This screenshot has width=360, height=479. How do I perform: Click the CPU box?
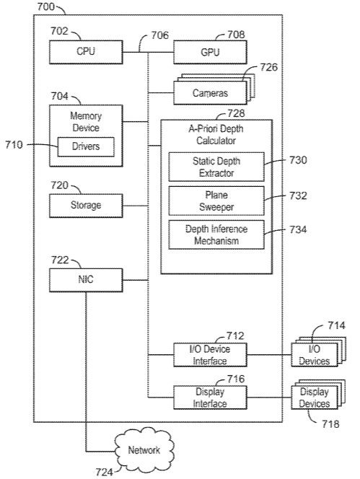(x=86, y=52)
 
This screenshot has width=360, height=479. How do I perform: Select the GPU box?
(x=210, y=52)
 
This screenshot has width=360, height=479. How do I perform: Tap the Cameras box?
(x=210, y=93)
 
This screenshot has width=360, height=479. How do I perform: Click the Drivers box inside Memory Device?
(x=86, y=146)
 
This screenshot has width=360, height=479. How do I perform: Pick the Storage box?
(x=86, y=206)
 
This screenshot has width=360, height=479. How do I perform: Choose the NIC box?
(x=86, y=280)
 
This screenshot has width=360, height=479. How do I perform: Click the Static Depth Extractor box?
(x=216, y=167)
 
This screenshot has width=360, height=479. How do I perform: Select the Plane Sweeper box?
(x=216, y=201)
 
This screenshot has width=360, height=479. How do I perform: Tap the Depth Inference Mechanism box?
(x=216, y=234)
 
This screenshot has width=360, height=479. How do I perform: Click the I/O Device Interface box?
(x=210, y=355)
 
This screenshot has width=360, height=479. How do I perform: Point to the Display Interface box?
(x=210, y=397)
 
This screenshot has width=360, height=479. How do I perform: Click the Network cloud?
(x=144, y=450)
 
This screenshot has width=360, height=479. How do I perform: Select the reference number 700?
(x=46, y=6)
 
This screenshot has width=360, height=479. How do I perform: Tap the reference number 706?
(x=160, y=35)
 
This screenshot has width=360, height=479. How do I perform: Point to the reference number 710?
(x=14, y=144)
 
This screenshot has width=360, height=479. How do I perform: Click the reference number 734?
(x=298, y=229)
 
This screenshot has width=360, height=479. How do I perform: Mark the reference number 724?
(x=104, y=473)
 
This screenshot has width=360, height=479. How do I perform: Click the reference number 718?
(x=330, y=424)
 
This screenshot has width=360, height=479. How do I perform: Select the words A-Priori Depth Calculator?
(x=216, y=135)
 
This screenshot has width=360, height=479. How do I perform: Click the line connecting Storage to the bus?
(x=136, y=206)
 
